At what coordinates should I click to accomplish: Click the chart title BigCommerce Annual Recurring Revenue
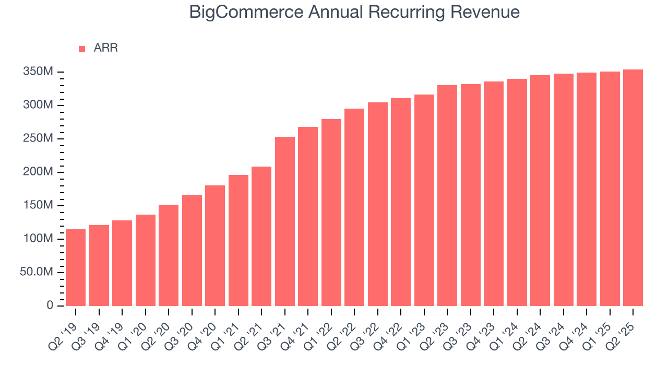point(354,12)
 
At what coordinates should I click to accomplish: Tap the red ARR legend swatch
point(82,49)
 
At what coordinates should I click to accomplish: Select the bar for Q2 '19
point(76,267)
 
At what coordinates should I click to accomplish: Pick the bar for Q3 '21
point(285,221)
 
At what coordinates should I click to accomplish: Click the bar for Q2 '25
point(633,188)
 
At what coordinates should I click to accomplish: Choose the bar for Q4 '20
point(215,245)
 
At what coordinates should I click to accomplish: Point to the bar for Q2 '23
point(447,195)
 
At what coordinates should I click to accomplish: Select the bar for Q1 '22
point(331,213)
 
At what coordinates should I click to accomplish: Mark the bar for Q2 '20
point(169,255)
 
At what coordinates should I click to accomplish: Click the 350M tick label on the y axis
point(38,72)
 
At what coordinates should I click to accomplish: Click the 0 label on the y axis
point(50,305)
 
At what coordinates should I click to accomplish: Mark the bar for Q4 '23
point(494,194)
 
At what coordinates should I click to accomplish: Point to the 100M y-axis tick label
point(38,239)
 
